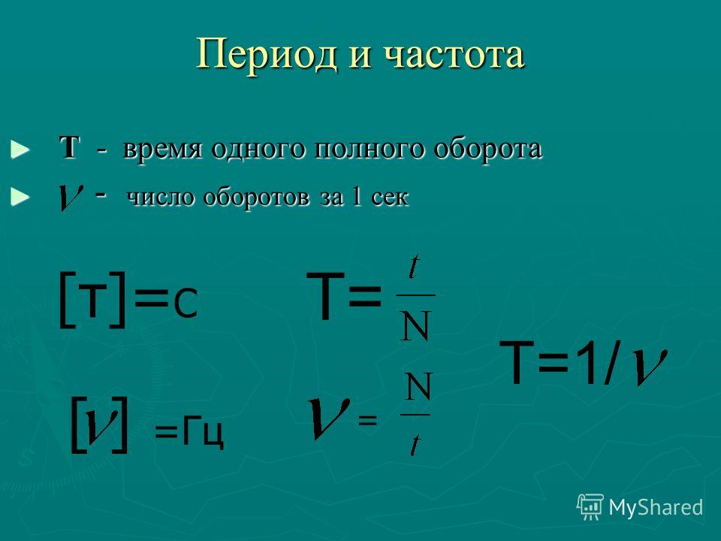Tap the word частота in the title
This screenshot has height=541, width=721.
454,55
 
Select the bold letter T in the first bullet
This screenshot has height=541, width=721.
69,148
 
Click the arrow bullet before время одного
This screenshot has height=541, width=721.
20,150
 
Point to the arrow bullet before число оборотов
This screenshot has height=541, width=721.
20,197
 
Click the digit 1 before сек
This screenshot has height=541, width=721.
355,196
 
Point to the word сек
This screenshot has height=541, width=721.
390,198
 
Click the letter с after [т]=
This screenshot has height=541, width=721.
186,304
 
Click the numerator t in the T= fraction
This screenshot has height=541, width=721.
415,267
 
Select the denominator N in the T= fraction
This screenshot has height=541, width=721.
415,325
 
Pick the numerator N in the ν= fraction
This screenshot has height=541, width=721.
418,386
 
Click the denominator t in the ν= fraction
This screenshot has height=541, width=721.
415,443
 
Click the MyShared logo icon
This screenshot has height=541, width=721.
590,507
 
